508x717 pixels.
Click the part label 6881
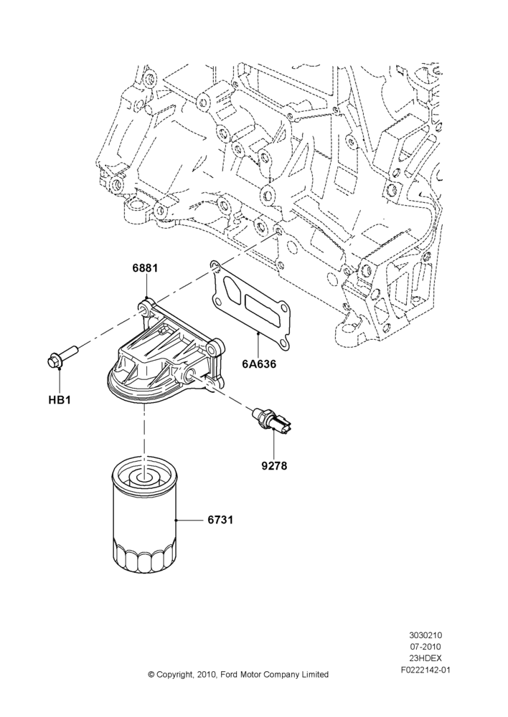click(x=145, y=268)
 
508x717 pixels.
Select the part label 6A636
click(x=260, y=365)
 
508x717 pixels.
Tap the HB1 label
click(x=59, y=401)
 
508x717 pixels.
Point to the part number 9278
click(x=274, y=467)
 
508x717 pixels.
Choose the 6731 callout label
click(x=220, y=520)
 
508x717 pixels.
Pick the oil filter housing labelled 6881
click(x=165, y=352)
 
